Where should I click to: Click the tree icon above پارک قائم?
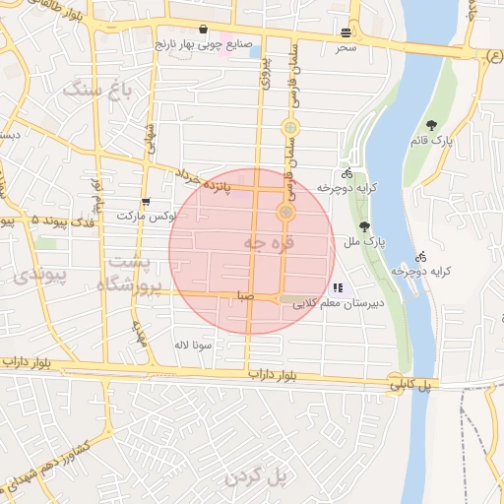(x=431, y=124)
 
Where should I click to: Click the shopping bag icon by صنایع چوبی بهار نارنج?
(x=203, y=29)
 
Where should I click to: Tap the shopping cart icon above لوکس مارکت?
(x=146, y=201)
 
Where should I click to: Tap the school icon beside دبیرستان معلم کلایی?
(x=338, y=288)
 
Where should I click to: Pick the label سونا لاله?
(x=188, y=346)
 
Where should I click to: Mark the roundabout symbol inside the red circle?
(x=286, y=212)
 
